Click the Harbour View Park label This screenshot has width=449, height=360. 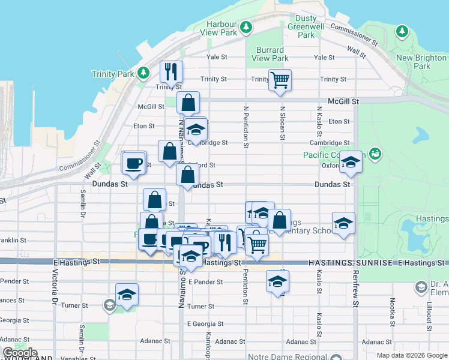click(x=222, y=28)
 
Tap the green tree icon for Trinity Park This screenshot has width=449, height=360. click(x=143, y=73)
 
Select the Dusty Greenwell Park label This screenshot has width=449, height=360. click(x=306, y=26)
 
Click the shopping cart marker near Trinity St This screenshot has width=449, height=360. click(x=280, y=80)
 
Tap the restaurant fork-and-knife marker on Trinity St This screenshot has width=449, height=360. click(x=171, y=72)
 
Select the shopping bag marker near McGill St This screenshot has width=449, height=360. click(x=188, y=103)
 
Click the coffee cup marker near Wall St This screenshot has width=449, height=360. click(x=133, y=162)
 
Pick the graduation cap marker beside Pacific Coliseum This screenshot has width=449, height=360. click(x=351, y=162)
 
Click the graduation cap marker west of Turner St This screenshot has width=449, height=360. click(x=127, y=295)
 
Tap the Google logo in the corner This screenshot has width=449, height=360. click(x=20, y=353)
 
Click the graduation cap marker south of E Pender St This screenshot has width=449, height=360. click(x=277, y=281)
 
